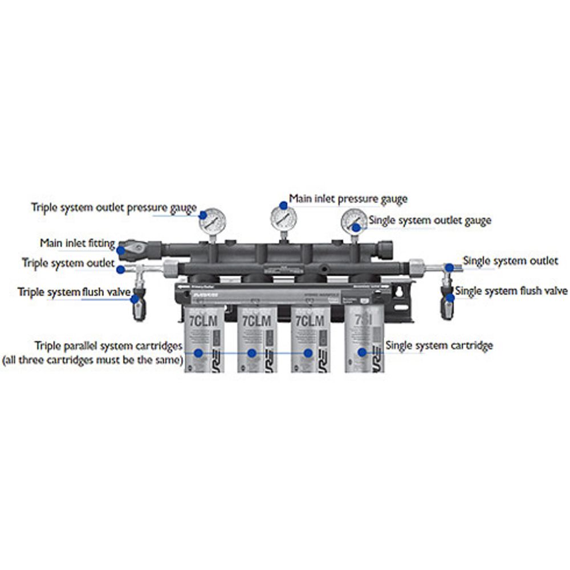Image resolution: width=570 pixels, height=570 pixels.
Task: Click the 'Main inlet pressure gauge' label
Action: coord(348,199)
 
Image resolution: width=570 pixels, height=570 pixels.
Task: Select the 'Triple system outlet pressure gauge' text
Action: coord(113,207)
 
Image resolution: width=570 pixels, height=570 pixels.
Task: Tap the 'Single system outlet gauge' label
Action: coord(430,220)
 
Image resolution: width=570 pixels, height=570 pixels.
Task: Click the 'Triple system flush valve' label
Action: coord(74,292)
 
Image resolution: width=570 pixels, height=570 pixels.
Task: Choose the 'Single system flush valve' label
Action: coord(511,291)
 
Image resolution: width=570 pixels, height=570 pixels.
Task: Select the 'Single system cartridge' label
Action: coord(439,345)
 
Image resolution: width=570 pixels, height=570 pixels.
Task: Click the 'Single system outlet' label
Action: coord(510,260)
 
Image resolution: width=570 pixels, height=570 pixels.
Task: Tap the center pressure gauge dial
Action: coord(283,218)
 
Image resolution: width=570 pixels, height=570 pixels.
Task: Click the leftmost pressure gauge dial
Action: coord(213,221)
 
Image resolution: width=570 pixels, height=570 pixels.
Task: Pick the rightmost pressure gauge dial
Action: coord(354,221)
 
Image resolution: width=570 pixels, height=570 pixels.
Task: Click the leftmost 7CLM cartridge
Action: coord(204,339)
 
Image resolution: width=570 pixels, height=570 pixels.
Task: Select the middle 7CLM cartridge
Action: coord(257,339)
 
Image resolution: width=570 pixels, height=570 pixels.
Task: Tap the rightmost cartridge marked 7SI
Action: coord(365,339)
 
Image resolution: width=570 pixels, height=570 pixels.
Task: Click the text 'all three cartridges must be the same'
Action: coord(92,360)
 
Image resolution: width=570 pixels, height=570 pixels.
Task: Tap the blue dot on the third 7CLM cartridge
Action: coord(308,353)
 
